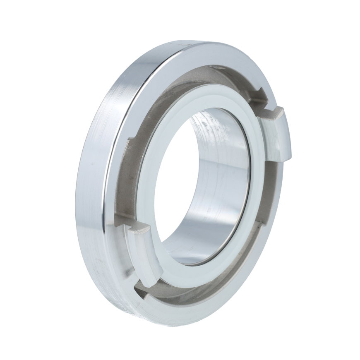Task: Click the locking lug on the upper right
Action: [x=276, y=134]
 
